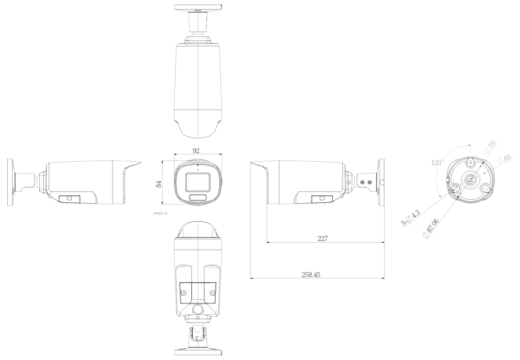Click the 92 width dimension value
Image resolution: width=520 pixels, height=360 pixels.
coord(198,151)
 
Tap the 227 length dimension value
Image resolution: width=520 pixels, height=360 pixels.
coord(323,238)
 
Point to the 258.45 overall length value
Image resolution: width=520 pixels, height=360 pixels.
coord(311,274)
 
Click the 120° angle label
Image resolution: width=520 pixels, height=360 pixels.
coord(437,163)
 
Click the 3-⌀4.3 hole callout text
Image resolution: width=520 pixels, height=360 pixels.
coord(410,218)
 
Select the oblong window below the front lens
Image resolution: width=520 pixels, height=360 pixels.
coord(198,197)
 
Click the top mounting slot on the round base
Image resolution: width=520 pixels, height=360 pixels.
coord(471,163)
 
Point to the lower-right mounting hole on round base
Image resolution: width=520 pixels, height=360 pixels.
coord(486,188)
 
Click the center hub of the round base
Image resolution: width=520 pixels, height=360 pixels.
coord(471,179)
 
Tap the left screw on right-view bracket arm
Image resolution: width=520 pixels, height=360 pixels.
coord(362,182)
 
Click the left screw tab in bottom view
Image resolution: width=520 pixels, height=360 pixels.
coord(184,293)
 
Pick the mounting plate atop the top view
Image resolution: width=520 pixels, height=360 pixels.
coord(198,7)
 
